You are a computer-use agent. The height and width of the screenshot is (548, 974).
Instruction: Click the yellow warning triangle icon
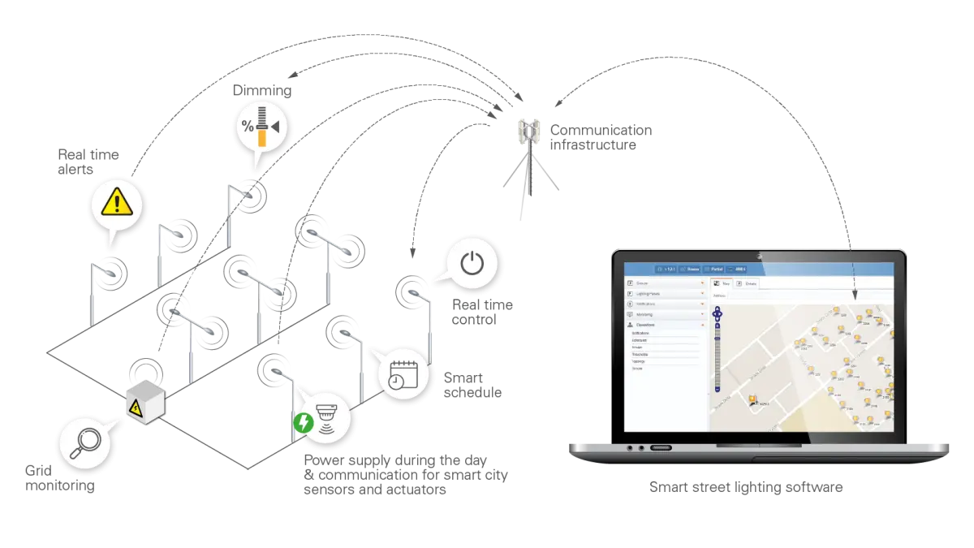115,204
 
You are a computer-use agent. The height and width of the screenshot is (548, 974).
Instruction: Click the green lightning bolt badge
304,423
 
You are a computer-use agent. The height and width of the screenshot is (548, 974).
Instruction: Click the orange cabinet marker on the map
752,399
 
